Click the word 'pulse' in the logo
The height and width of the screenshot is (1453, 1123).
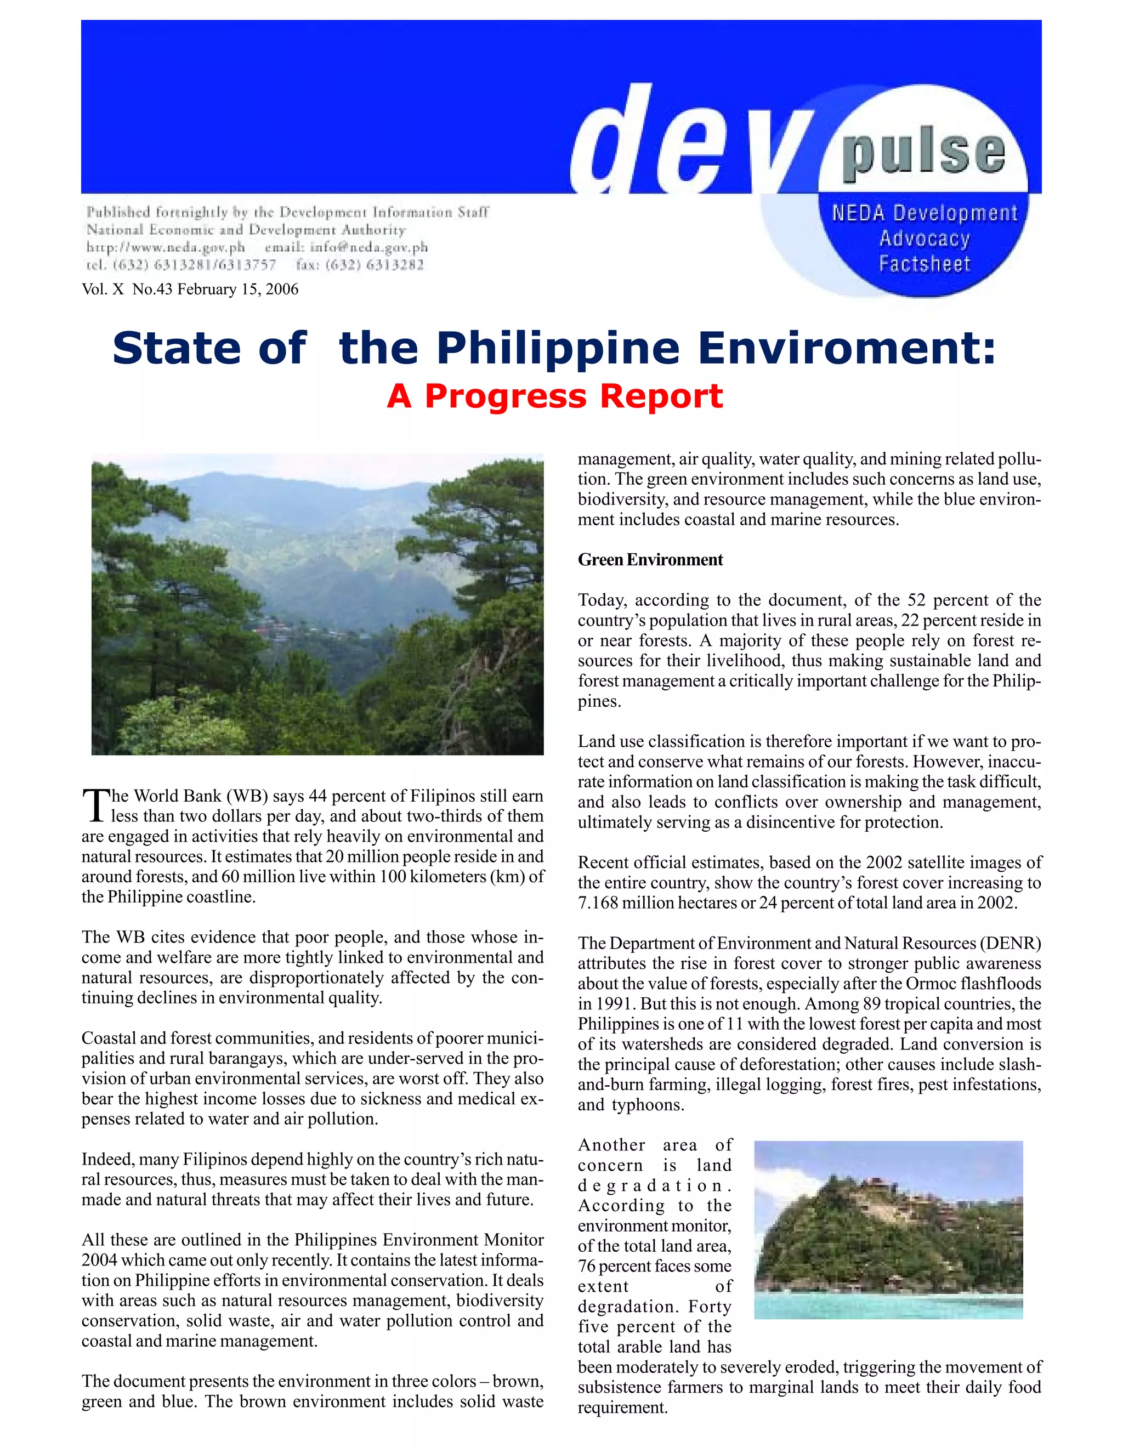click(923, 155)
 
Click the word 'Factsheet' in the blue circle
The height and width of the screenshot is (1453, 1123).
click(924, 264)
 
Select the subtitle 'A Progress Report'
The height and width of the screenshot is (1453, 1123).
click(554, 396)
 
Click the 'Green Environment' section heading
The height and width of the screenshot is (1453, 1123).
click(650, 559)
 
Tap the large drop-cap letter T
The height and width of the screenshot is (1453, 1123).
click(95, 805)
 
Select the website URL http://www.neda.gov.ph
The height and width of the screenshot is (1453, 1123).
click(166, 247)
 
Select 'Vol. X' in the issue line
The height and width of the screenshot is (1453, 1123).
click(103, 290)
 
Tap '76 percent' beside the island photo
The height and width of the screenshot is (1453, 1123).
click(612, 1266)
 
